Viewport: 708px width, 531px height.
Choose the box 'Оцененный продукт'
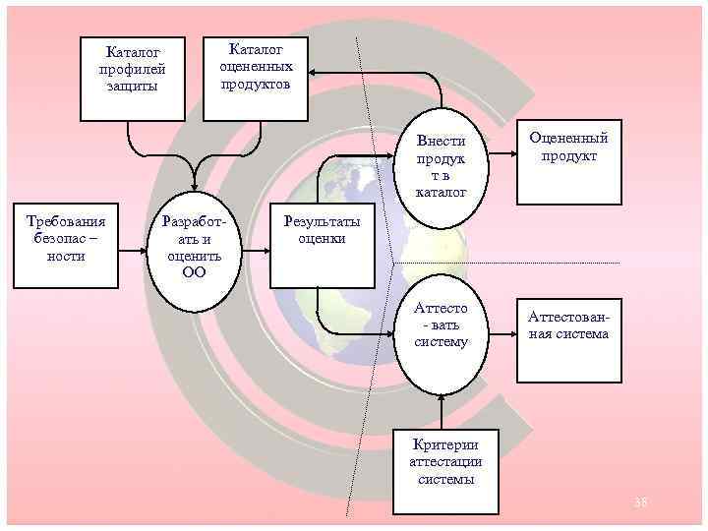tap(568, 162)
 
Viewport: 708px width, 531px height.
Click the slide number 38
tap(641, 503)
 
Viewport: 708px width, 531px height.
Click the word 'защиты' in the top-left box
tap(132, 87)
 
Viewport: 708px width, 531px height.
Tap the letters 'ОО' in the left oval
tap(194, 272)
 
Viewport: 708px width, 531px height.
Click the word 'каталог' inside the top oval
tap(442, 192)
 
